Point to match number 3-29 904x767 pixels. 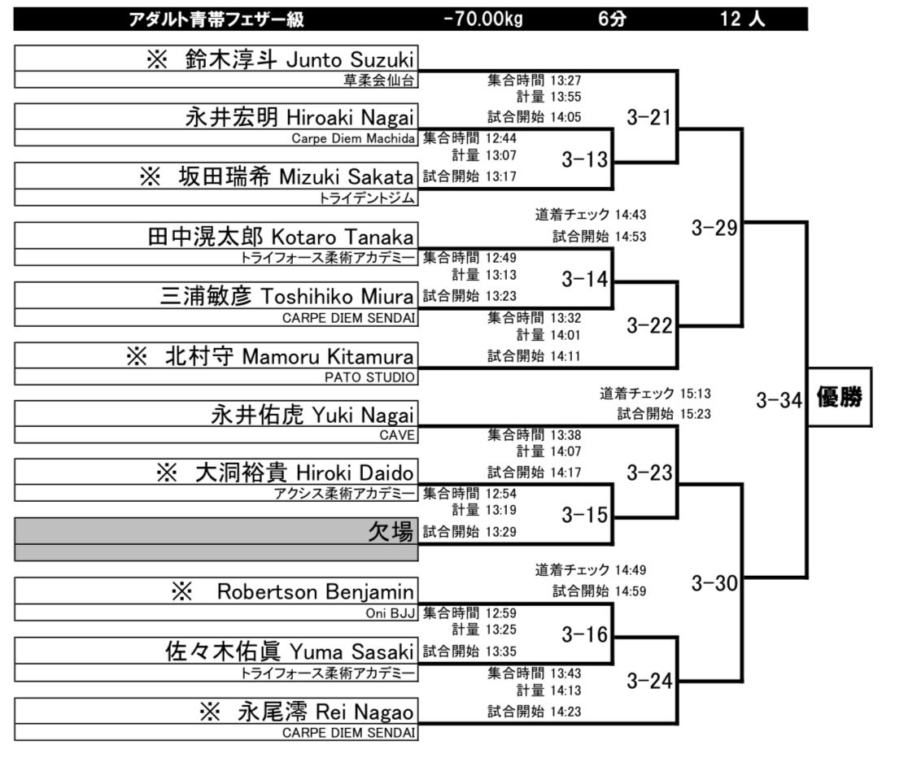(714, 228)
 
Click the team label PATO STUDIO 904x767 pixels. (370, 377)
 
